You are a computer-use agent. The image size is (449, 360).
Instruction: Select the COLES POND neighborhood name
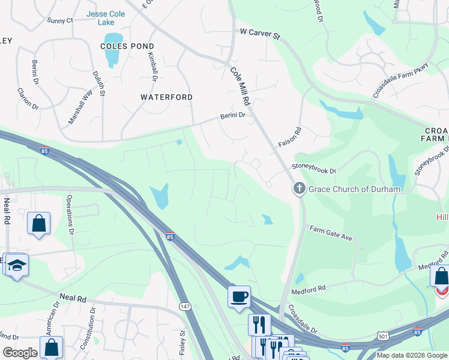click(127, 46)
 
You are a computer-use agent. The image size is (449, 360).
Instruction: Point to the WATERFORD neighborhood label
click(166, 97)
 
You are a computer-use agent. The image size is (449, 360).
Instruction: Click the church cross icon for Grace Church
click(299, 189)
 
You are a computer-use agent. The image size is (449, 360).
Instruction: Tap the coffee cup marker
click(239, 296)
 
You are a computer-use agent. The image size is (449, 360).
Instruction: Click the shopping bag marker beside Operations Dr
click(38, 224)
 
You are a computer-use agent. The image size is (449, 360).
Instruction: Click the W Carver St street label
click(260, 33)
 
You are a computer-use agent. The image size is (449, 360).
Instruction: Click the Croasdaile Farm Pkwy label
click(400, 80)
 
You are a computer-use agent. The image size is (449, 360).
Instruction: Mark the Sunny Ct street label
click(60, 20)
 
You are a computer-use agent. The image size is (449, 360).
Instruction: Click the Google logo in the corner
click(20, 352)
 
